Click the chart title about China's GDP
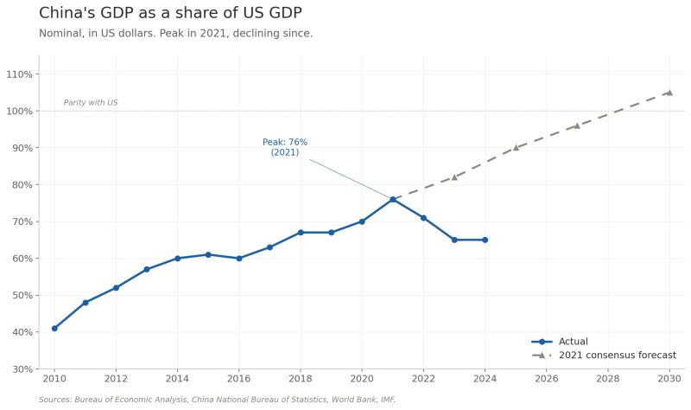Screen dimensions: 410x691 point(170,13)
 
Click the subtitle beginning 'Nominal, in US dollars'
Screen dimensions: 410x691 point(175,34)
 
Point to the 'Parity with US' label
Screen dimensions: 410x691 point(91,103)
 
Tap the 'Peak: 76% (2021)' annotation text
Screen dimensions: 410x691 point(285,147)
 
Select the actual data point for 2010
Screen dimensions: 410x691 point(54,328)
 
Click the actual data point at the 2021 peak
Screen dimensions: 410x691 point(393,199)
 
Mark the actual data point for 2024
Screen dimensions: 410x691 point(485,240)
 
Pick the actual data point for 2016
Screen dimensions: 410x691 point(239,258)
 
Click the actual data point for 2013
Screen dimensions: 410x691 point(147,269)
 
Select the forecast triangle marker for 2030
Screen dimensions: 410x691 point(669,92)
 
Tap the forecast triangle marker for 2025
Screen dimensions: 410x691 point(516,147)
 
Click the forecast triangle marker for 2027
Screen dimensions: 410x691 point(577,125)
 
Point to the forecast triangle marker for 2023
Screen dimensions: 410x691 point(454,176)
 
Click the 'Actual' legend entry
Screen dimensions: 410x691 point(573,342)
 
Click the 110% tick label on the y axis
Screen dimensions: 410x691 point(20,74)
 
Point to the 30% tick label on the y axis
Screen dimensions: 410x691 point(22,369)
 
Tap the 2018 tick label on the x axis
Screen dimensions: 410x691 point(301,378)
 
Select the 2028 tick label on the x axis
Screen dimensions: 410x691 point(608,378)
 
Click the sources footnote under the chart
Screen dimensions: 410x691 point(217,400)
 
